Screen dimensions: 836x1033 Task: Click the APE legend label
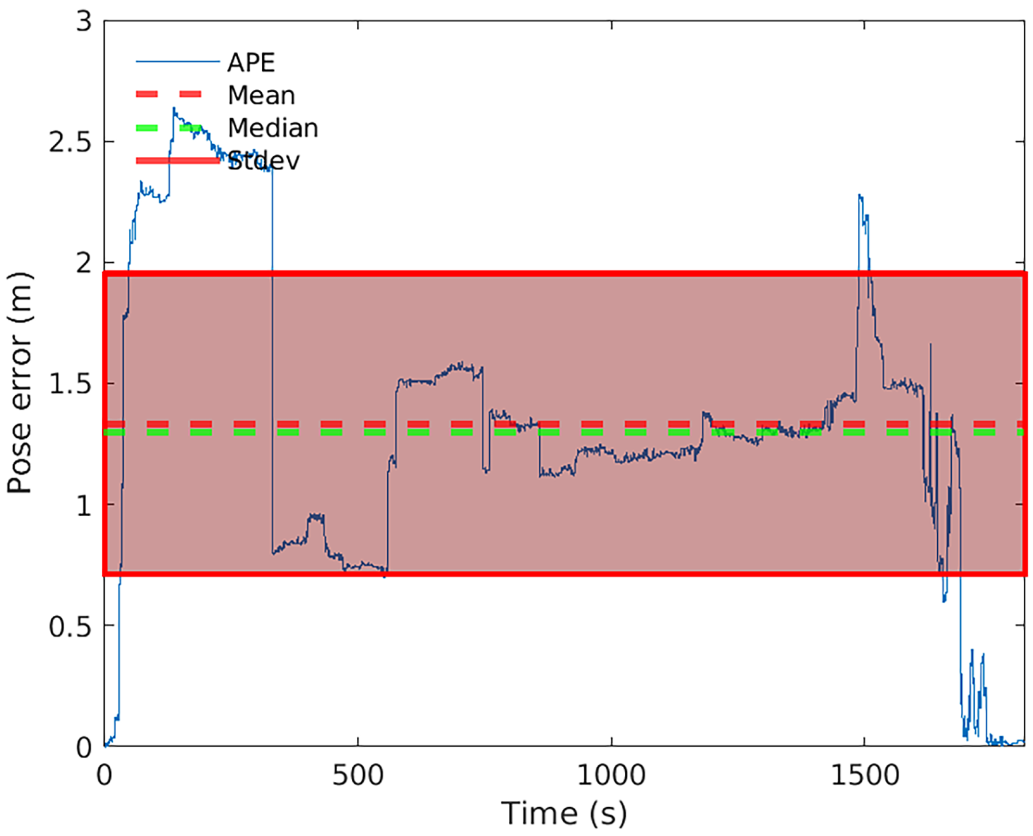(x=251, y=63)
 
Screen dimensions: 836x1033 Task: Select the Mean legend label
(x=261, y=95)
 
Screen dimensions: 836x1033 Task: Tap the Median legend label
(x=273, y=128)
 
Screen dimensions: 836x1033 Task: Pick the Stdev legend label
(x=264, y=161)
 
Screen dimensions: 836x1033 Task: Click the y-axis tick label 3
(x=84, y=22)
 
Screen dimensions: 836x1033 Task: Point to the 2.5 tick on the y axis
(x=70, y=142)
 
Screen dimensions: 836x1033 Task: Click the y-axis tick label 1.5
(x=70, y=384)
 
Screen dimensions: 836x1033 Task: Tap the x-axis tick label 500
(x=358, y=776)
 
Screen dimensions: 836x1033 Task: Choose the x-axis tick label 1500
(x=865, y=776)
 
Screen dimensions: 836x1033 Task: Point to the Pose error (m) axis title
(x=19, y=383)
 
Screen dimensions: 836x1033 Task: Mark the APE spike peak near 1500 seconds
(x=860, y=195)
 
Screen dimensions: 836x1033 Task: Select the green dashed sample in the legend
(x=168, y=128)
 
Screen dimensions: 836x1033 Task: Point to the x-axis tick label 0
(x=105, y=776)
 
